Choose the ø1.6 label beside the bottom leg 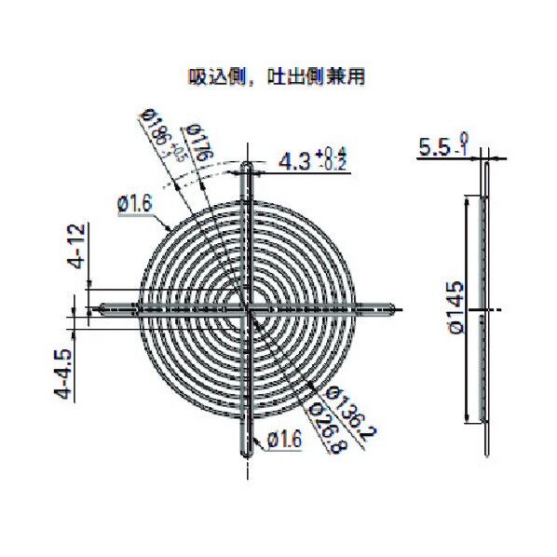(x=283, y=439)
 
